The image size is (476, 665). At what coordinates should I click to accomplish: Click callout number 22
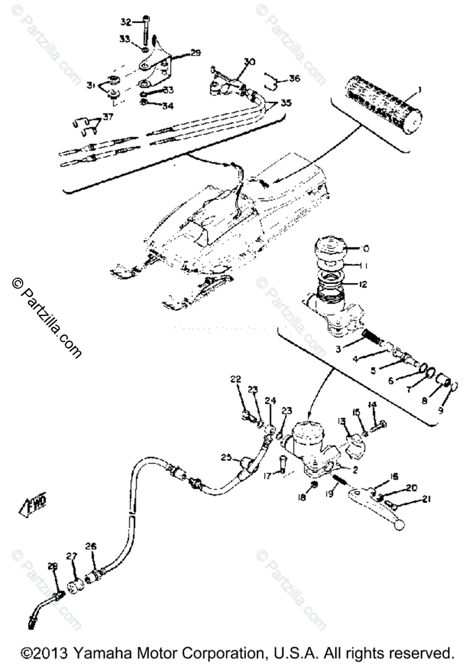(x=236, y=379)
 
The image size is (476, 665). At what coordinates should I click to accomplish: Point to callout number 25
(x=225, y=458)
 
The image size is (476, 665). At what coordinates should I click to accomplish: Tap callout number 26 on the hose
(x=90, y=546)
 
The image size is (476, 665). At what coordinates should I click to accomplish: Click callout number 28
(x=53, y=566)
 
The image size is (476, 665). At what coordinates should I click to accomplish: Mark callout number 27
(x=72, y=557)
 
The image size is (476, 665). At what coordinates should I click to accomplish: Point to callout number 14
(x=372, y=405)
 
